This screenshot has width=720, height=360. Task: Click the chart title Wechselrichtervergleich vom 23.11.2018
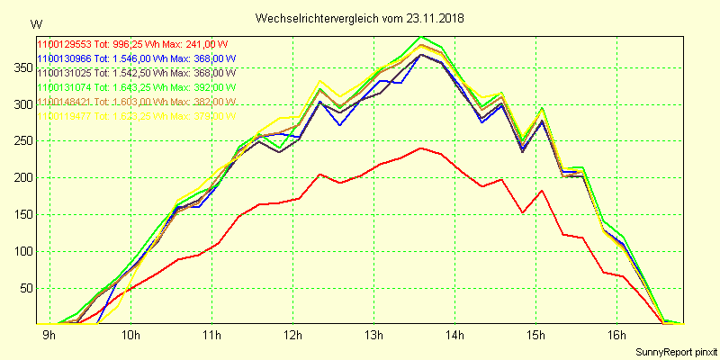tap(360, 18)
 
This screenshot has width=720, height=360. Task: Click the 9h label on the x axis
tap(49, 337)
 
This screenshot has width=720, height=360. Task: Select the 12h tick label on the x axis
tap(292, 337)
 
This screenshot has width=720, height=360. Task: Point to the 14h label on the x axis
tap(454, 337)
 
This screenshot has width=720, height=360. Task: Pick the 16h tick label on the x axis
tap(616, 337)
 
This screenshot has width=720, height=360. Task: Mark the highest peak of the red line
tap(421, 148)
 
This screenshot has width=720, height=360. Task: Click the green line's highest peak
tap(421, 37)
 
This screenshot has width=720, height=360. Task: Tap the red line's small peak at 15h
tap(542, 190)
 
